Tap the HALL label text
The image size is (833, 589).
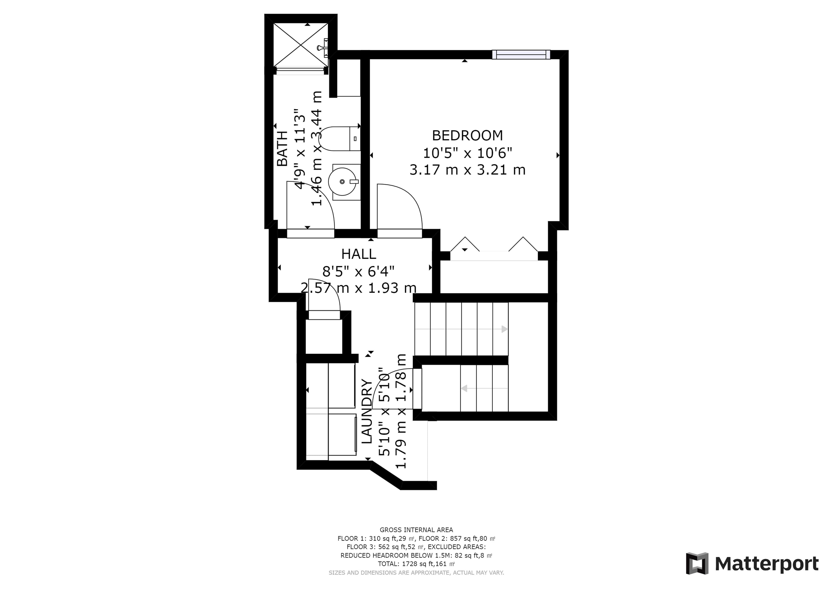pyautogui.click(x=359, y=254)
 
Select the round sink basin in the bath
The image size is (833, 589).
pyautogui.click(x=342, y=181)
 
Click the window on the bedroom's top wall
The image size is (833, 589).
pyautogui.click(x=521, y=54)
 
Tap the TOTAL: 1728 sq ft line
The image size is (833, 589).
pyautogui.click(x=416, y=564)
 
